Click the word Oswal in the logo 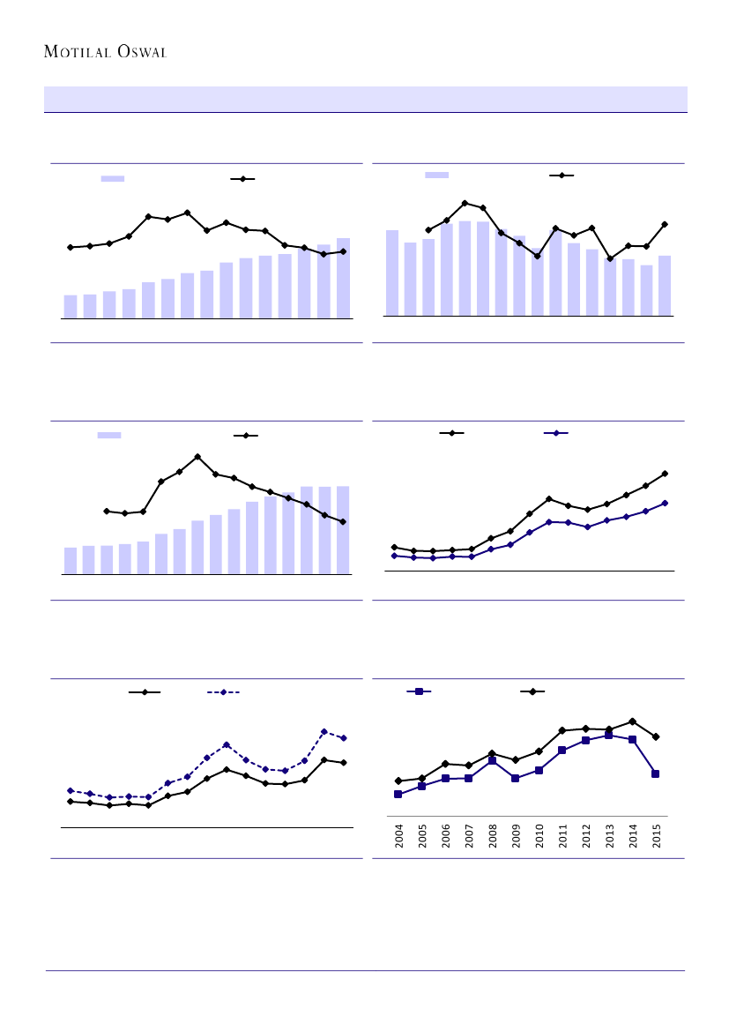point(140,52)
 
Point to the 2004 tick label point(398,836)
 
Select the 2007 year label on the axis point(469,836)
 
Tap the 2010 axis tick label point(539,836)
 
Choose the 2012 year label point(586,836)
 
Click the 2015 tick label point(657,836)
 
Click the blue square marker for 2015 point(656,773)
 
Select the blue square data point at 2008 point(492,760)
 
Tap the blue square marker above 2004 point(398,794)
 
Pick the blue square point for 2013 point(609,736)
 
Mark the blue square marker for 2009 point(516,778)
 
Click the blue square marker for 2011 point(562,750)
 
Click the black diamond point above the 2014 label point(633,721)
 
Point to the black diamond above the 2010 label point(539,751)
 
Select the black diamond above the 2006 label point(445,763)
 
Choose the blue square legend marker point(419,691)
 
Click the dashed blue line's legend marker point(223,692)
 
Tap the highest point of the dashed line point(324,731)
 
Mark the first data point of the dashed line point(70,790)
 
